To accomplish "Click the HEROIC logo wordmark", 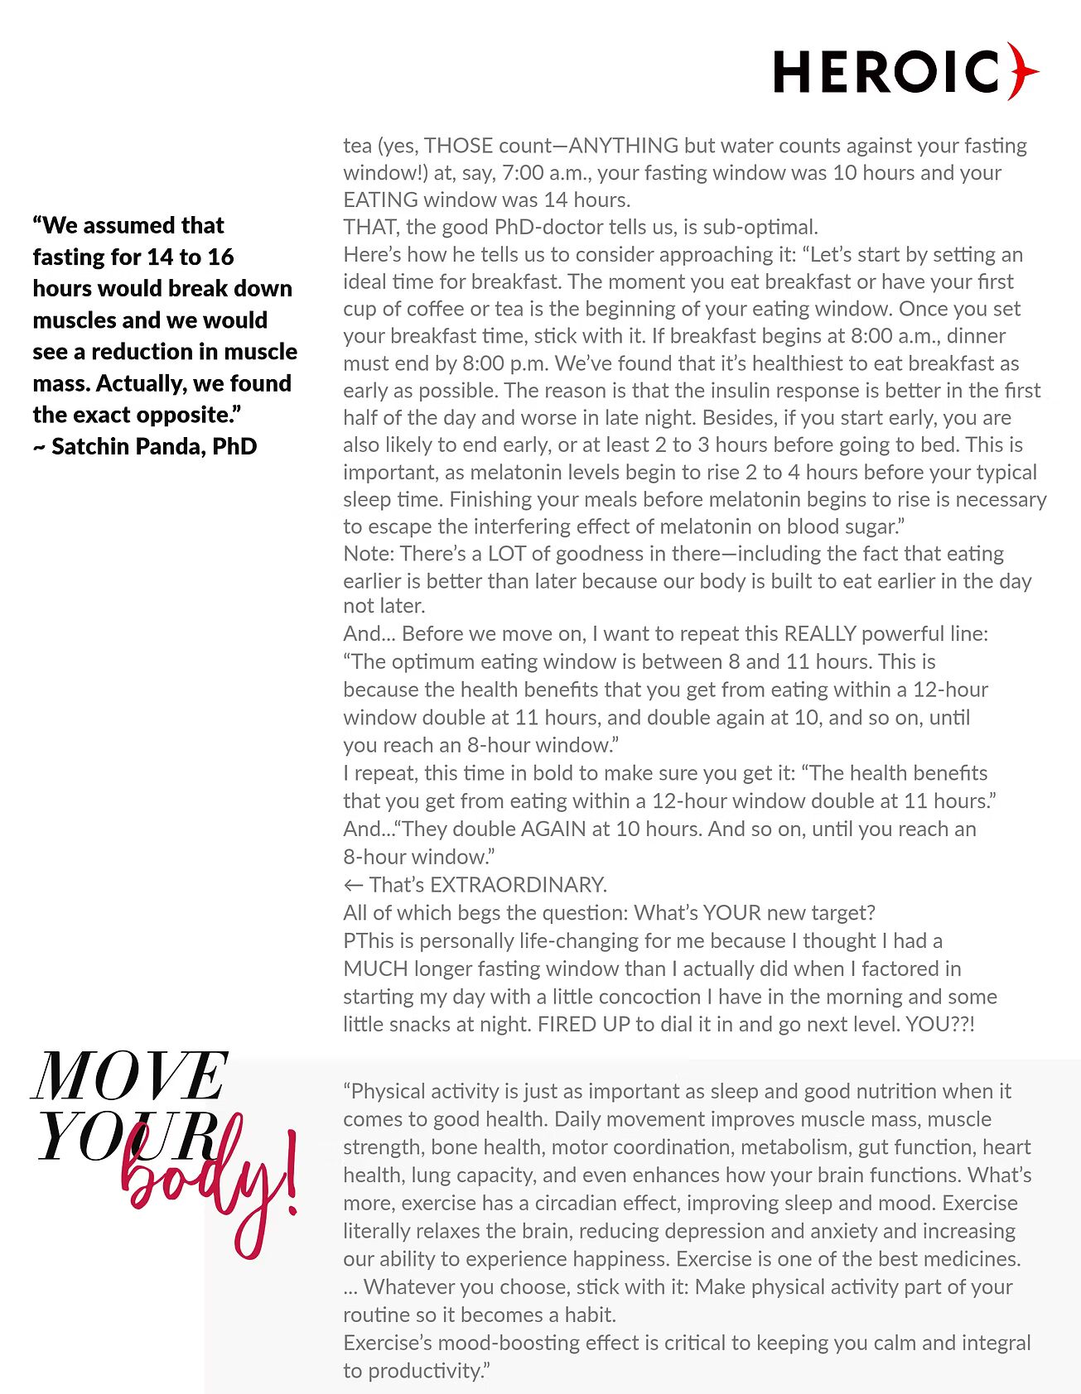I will (886, 71).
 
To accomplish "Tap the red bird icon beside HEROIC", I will (1022, 71).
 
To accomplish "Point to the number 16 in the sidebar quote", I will (220, 257).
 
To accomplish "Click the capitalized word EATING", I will (380, 200).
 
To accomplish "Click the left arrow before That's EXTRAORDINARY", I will (354, 885).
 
